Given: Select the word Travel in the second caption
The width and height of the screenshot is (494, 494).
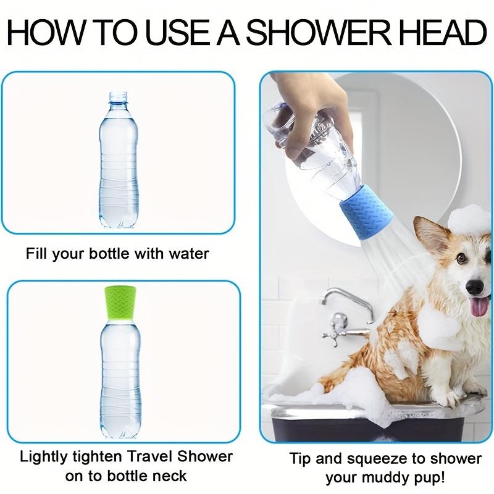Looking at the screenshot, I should pyautogui.click(x=156, y=458).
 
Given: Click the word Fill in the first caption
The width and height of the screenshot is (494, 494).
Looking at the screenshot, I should pyautogui.click(x=36, y=253).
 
